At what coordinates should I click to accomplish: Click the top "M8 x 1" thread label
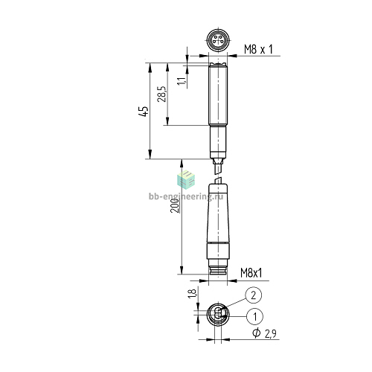[258, 49]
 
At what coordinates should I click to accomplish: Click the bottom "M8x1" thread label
[251, 273]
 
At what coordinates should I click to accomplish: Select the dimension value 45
[144, 111]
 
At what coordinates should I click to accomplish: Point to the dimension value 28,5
[161, 94]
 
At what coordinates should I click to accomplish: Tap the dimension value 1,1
[182, 81]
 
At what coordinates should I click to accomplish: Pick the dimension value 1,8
[193, 293]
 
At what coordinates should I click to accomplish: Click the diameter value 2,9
[270, 334]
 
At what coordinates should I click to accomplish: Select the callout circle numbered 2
[253, 295]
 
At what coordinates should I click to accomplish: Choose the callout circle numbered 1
[254, 316]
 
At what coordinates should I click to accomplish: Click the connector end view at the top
[218, 40]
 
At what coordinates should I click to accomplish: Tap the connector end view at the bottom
[218, 315]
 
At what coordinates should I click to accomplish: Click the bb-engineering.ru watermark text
[186, 196]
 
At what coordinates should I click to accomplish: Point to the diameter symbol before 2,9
[257, 333]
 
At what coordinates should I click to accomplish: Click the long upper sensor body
[218, 94]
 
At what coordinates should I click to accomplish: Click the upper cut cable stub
[218, 166]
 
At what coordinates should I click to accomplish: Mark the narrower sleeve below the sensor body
[218, 142]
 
